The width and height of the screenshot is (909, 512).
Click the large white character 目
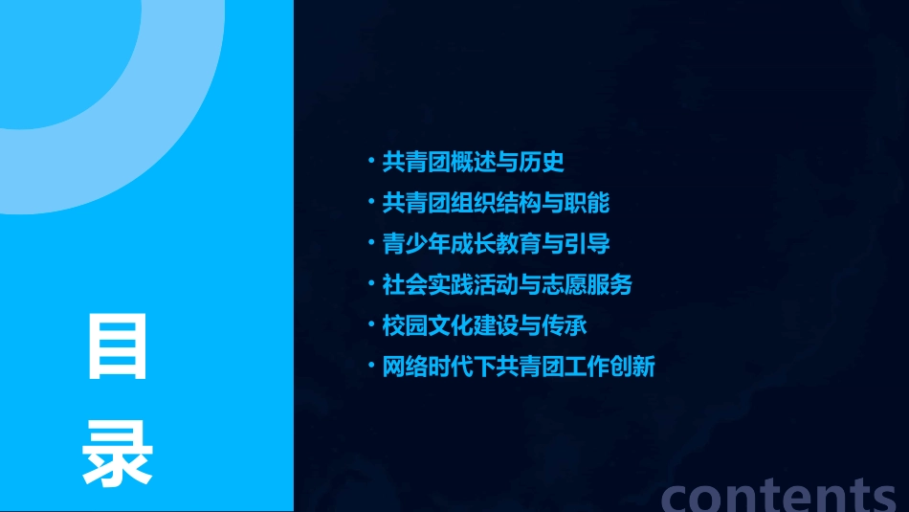[x=118, y=347]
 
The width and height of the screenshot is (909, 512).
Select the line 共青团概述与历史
[x=473, y=162]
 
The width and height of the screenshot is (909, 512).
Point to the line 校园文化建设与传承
[x=484, y=324]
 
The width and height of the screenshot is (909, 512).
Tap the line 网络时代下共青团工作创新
[x=519, y=366]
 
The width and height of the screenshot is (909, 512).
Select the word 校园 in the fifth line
[x=405, y=324]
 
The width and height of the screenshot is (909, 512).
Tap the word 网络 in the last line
[x=405, y=366]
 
